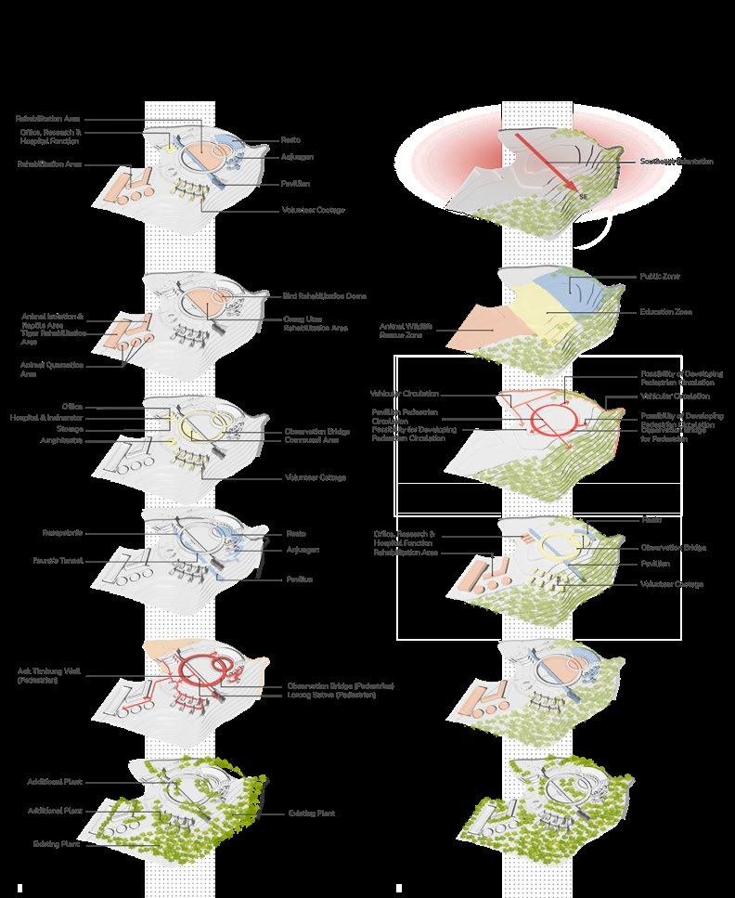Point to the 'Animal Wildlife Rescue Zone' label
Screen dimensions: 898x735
[401, 331]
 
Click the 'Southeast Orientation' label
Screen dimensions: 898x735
[677, 162]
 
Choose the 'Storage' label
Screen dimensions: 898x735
[69, 430]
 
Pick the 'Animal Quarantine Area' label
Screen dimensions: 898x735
[52, 370]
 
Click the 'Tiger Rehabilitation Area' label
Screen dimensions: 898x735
[54, 336]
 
